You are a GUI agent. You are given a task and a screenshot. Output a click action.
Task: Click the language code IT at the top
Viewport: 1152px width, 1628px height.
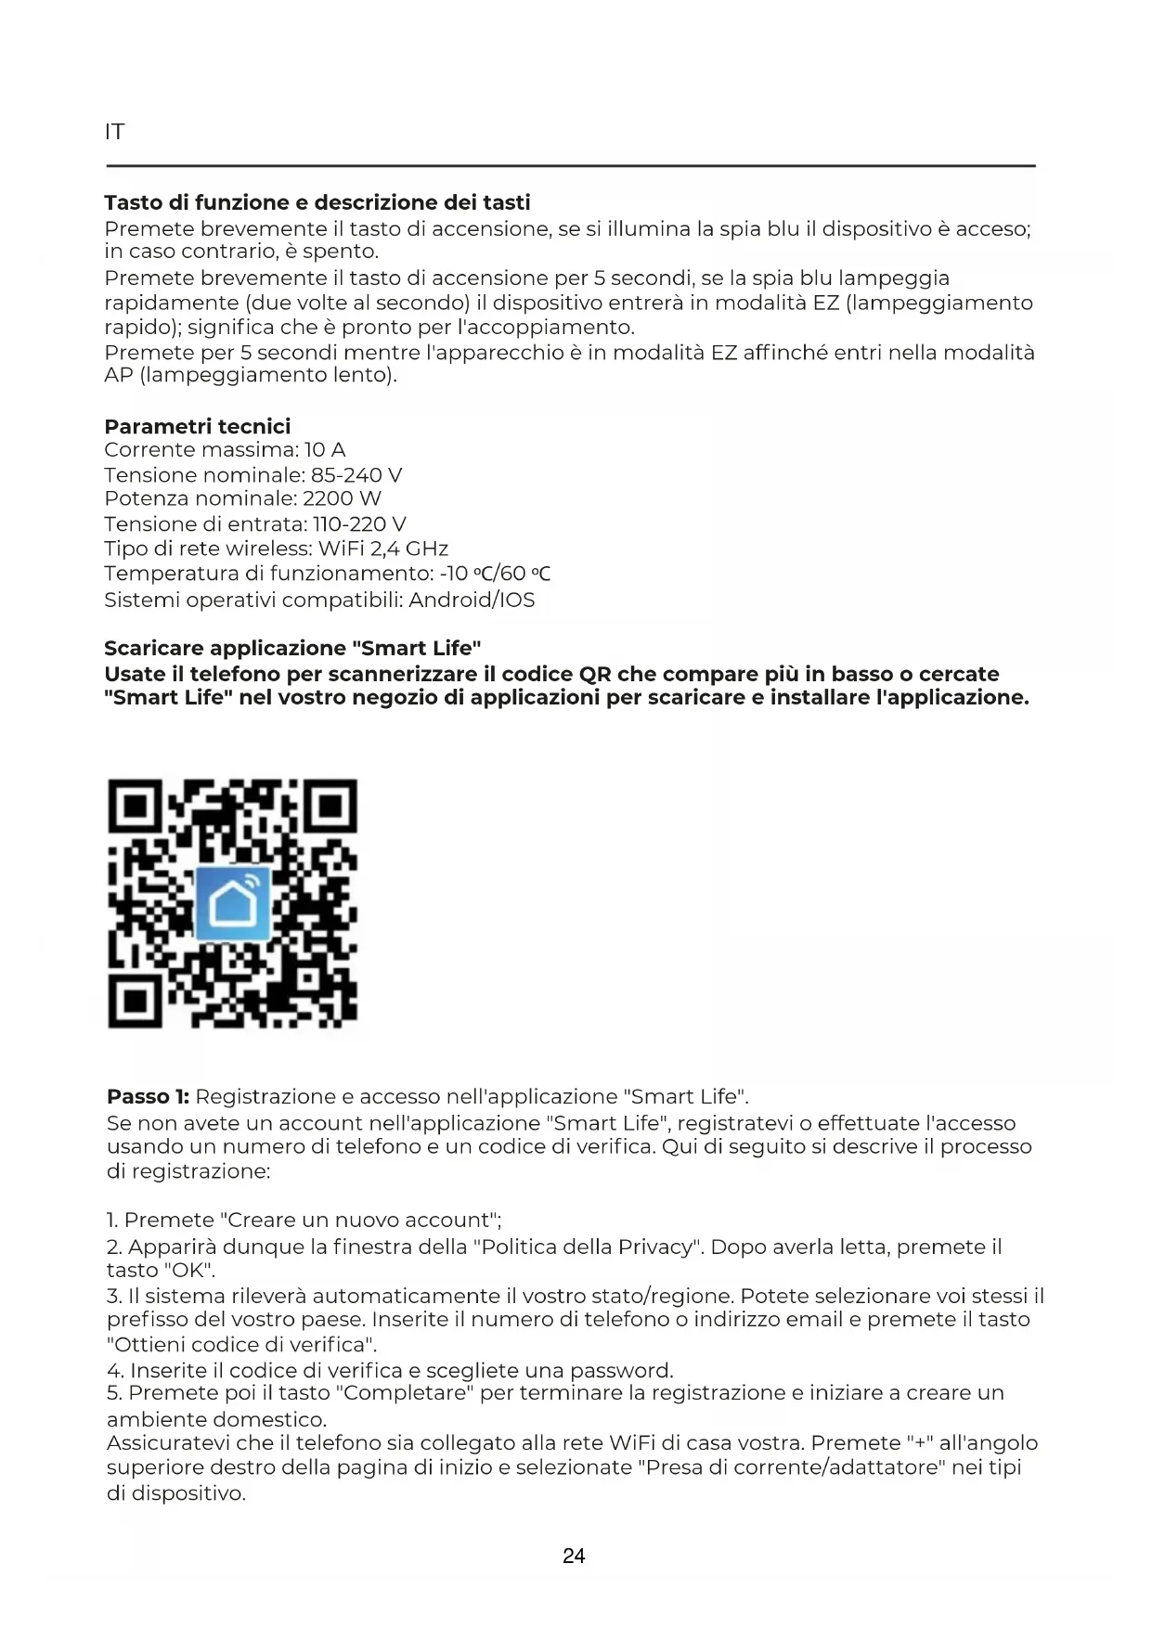pos(114,132)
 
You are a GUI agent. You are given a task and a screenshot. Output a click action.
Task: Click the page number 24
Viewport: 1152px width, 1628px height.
pos(574,1556)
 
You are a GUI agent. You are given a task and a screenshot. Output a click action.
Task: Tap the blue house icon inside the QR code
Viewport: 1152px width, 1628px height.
pos(233,902)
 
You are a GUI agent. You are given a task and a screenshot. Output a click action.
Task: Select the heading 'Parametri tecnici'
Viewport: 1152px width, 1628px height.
pos(197,426)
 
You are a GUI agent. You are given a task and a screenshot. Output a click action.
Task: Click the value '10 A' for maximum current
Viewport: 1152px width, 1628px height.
pos(325,450)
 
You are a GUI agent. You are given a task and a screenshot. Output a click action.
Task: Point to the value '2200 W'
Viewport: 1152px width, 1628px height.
pos(343,498)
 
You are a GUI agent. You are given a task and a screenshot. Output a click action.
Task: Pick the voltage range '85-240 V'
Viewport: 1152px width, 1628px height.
pos(357,475)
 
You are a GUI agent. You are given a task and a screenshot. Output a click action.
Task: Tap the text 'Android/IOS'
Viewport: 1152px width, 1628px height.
pos(472,600)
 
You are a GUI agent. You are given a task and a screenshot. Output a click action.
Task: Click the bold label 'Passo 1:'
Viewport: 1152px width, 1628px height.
pos(148,1097)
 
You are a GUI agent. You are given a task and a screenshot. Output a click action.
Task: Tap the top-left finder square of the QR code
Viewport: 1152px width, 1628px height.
pos(137,808)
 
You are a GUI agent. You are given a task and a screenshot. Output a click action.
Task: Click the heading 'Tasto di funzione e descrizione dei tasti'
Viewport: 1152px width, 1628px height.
pos(317,202)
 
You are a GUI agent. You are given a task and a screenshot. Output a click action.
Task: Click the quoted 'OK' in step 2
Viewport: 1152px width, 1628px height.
pos(188,1270)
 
